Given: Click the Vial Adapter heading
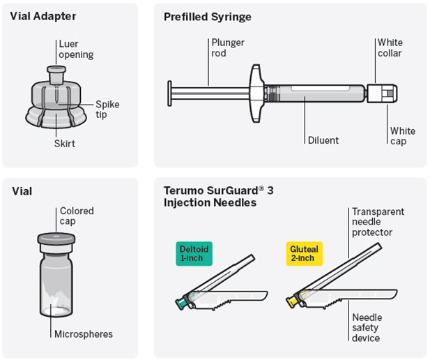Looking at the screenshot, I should point(43,16).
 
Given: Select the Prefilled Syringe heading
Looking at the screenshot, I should point(207,16).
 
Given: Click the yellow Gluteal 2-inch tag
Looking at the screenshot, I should point(303,253).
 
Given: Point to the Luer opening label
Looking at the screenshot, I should point(76,49).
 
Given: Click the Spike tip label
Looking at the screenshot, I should point(107,109).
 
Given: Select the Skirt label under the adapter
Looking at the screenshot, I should point(64,143).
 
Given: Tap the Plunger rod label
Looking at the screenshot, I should point(228,47).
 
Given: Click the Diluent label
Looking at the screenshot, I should point(323,140).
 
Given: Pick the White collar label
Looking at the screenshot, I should point(390,47).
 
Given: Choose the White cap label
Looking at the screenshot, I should point(402,135).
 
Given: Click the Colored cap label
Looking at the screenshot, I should point(76,216).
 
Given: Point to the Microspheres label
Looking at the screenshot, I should point(84,333).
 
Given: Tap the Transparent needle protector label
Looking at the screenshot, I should point(378,222).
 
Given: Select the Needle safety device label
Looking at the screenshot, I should point(367,327).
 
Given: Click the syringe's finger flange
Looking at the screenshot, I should point(256,91).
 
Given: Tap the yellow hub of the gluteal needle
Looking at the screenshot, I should point(293,301).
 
